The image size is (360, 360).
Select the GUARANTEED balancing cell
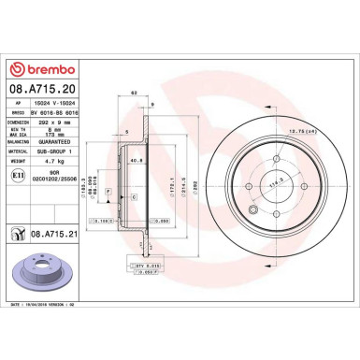click(57, 142)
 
